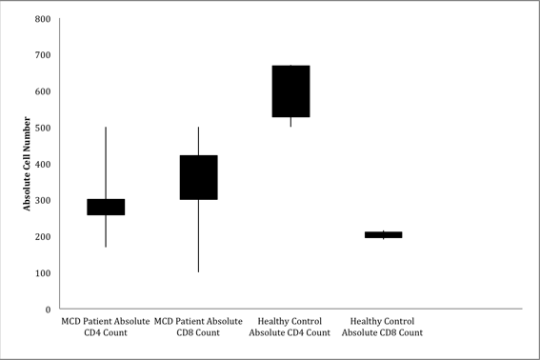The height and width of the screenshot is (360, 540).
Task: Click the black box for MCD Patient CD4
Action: pos(106,207)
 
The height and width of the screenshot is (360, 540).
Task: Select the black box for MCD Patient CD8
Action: pos(198,177)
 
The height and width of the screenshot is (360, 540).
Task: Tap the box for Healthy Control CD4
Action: pos(290,91)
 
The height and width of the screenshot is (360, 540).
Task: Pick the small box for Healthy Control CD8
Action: pos(383,234)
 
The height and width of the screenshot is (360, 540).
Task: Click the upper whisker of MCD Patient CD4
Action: pos(106,162)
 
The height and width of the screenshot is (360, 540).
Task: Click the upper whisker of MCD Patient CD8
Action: pos(198,141)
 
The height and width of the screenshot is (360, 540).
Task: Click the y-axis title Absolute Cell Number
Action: pos(29,163)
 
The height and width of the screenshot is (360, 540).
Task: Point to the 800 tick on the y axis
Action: pos(42,19)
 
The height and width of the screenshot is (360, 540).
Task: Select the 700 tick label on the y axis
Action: pos(42,55)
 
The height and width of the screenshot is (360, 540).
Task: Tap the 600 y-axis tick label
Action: pos(42,91)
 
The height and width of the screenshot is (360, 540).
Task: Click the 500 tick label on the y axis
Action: pos(42,128)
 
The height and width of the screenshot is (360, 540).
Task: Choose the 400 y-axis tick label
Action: pos(42,164)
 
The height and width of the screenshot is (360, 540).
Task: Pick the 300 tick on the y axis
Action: pos(42,200)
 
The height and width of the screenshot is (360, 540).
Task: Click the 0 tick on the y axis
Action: pos(48,310)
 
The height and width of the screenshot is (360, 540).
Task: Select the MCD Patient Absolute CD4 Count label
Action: pos(106,327)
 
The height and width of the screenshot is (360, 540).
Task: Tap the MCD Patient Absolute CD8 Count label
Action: pos(198,327)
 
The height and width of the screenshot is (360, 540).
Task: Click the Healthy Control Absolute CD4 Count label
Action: pos(290,327)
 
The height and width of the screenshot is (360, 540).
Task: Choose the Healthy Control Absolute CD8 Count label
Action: pos(383,327)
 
